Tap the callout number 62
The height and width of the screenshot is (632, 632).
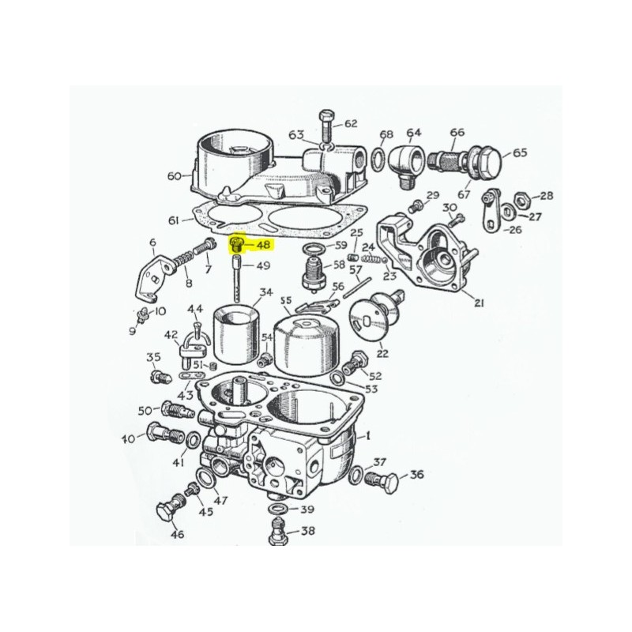click(x=351, y=123)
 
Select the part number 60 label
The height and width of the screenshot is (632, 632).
click(x=175, y=175)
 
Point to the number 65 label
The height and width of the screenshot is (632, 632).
click(x=519, y=153)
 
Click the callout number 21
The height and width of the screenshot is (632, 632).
click(x=480, y=303)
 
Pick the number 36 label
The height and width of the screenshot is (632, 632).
click(x=416, y=475)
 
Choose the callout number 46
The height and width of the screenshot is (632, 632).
click(x=177, y=535)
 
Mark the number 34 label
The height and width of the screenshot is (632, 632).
click(x=265, y=292)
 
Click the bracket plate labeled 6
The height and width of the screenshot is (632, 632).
click(x=151, y=273)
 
